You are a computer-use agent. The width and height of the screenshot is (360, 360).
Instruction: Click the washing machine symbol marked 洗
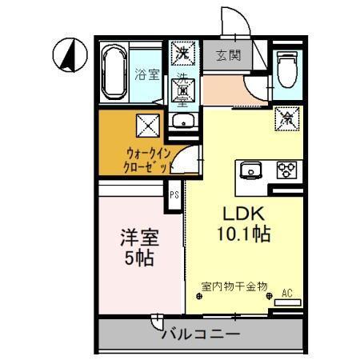click(183, 54)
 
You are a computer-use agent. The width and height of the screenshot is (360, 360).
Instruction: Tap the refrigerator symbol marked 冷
click(286, 118)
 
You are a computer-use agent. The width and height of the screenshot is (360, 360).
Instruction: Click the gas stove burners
click(286, 169)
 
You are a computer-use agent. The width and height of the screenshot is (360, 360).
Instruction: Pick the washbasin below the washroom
click(183, 122)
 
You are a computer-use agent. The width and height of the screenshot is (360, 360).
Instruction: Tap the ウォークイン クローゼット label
click(145, 159)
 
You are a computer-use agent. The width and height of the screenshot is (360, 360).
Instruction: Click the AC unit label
click(286, 293)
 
